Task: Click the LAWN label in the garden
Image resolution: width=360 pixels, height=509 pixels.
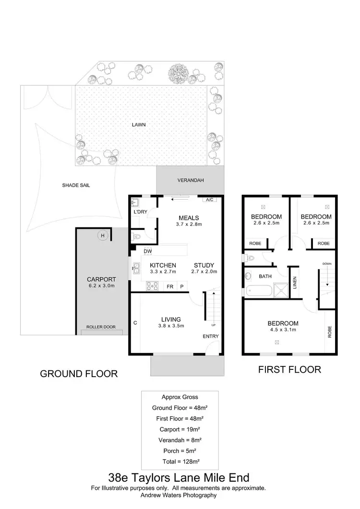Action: [x=139, y=125]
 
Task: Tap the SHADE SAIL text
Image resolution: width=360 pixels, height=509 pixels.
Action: [x=76, y=185]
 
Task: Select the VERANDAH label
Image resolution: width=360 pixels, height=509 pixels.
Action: [x=191, y=180]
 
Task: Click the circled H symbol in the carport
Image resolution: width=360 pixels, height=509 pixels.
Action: [x=102, y=235]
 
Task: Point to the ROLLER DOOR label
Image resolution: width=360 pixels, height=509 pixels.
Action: [x=101, y=327]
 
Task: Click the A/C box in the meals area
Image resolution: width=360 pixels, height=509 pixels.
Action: [x=209, y=200]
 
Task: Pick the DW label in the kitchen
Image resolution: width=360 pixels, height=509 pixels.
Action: [x=147, y=251]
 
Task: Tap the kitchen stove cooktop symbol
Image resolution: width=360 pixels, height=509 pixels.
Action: [x=153, y=286]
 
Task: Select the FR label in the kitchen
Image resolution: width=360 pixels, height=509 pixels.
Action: [x=169, y=286]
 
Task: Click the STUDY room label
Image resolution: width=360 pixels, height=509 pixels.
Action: [x=204, y=265]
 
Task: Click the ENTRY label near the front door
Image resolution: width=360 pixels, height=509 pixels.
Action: [x=210, y=336]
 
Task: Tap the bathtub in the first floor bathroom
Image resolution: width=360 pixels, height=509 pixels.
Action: [x=257, y=290]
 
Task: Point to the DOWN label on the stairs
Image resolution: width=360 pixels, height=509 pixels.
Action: [x=327, y=264]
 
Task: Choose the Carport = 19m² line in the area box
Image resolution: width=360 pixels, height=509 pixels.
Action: [x=180, y=429]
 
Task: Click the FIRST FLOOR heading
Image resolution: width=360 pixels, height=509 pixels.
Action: [x=289, y=369]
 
